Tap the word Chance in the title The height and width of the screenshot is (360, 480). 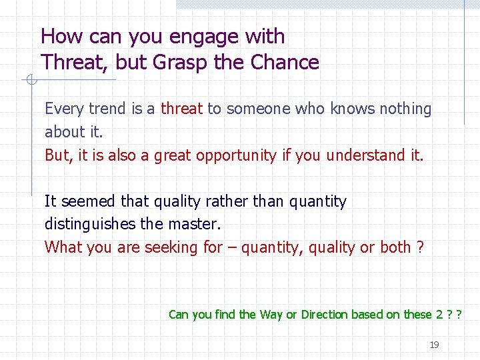285,63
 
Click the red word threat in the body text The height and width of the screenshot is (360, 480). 182,109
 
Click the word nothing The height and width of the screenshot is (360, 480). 405,109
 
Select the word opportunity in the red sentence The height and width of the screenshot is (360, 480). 232,155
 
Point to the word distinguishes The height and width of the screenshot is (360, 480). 97,224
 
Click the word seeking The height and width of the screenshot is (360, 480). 169,247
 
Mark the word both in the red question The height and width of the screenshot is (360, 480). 395,247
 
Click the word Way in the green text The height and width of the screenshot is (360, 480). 271,314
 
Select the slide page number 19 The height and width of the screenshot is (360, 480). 434,345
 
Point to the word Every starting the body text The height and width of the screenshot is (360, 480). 64,109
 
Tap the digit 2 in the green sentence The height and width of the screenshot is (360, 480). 439,314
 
